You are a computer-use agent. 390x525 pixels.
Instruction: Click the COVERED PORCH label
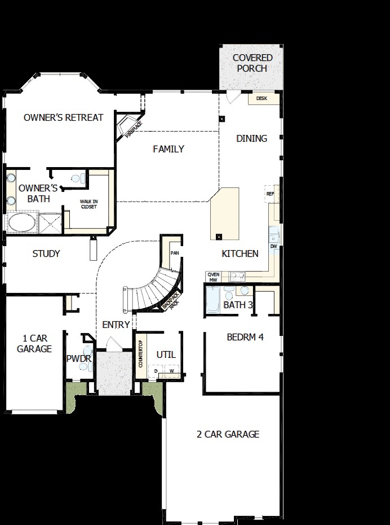tap(252, 63)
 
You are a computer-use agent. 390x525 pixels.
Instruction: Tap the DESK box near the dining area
tap(262, 98)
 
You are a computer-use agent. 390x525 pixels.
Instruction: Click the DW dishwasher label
tap(273, 246)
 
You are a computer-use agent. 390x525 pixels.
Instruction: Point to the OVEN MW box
tap(212, 276)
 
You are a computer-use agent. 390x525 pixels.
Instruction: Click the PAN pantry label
tap(174, 253)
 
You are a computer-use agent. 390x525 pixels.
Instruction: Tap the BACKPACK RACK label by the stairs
tap(171, 301)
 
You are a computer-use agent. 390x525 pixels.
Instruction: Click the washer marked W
tap(171, 370)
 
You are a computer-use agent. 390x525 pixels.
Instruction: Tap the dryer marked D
tap(156, 370)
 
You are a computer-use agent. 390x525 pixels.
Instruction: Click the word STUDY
tap(46, 253)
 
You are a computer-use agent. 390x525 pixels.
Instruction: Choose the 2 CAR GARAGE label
tap(228, 434)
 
